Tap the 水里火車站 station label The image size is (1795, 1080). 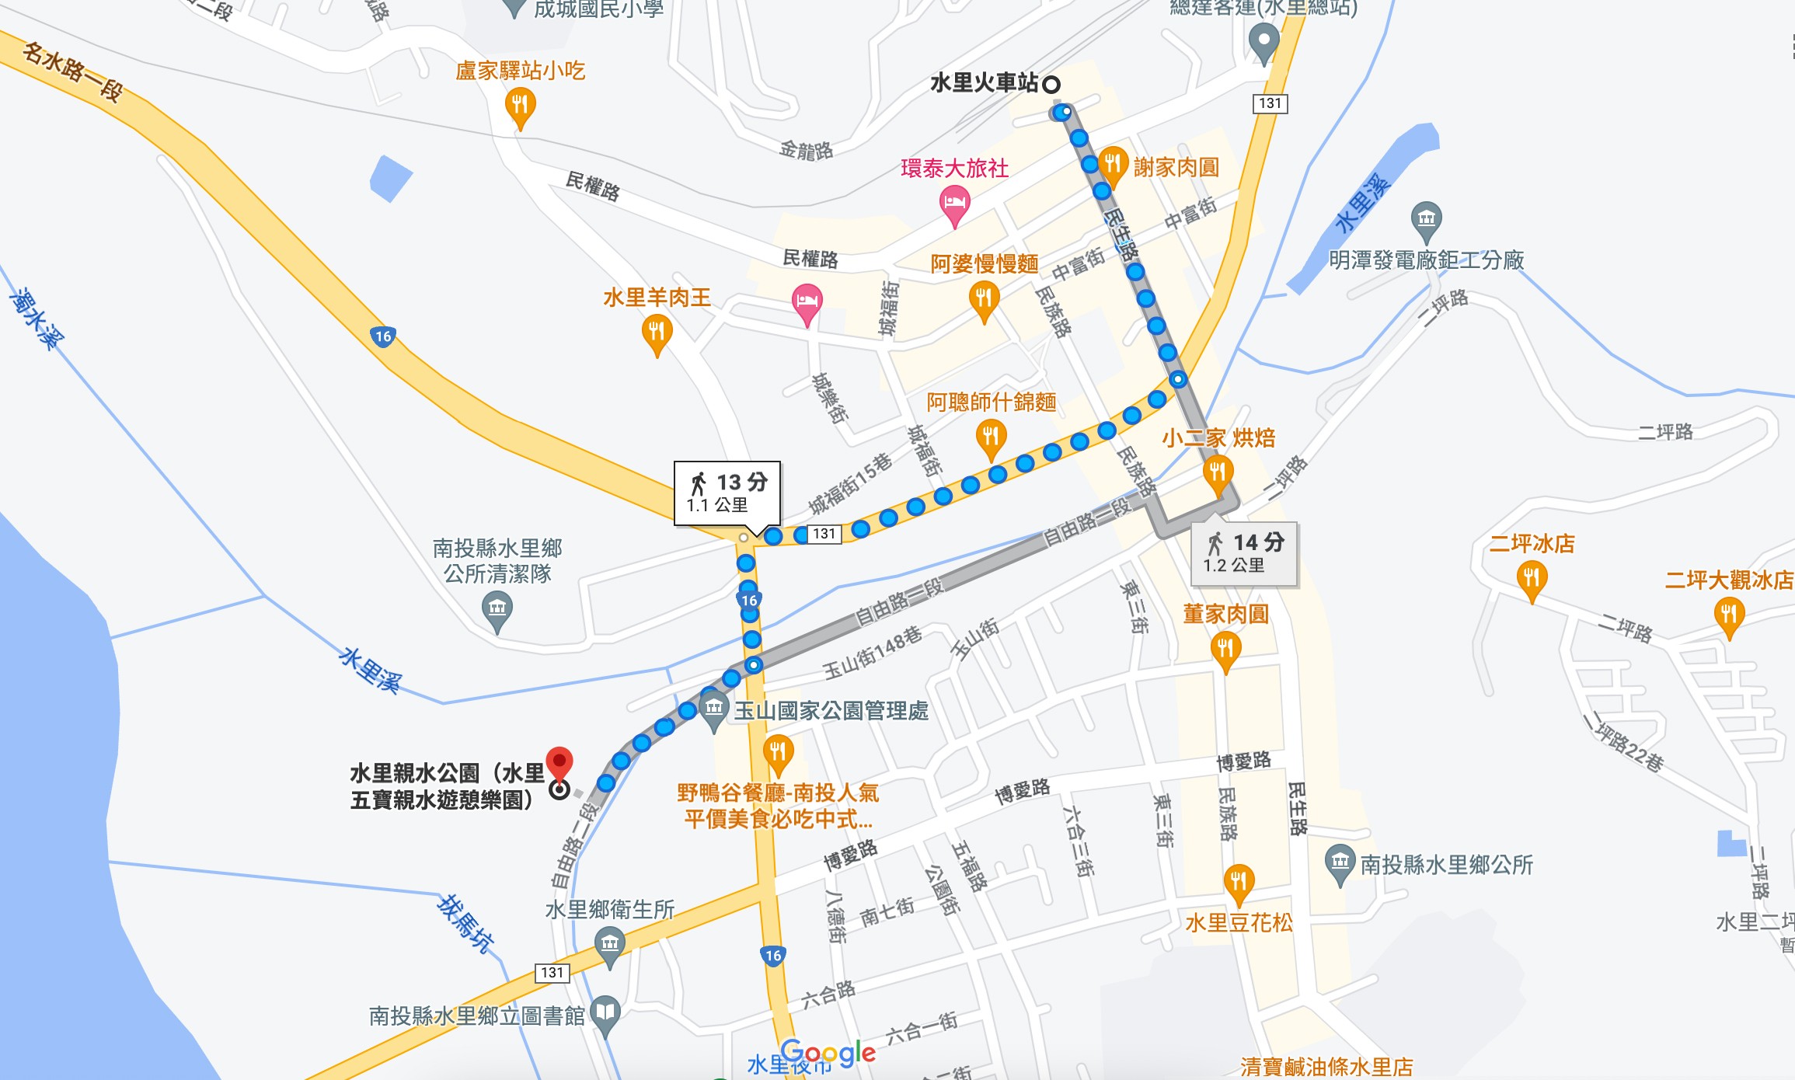click(985, 83)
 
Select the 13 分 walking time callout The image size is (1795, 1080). click(727, 493)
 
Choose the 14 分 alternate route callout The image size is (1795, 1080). click(1243, 552)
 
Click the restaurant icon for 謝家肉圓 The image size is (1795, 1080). click(1113, 164)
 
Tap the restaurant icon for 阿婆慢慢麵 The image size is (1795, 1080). click(984, 299)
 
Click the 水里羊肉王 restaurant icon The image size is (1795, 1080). click(657, 333)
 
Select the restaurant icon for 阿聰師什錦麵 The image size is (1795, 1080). click(991, 437)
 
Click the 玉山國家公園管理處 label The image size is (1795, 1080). click(831, 711)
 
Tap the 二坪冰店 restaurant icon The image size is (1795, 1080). click(1532, 579)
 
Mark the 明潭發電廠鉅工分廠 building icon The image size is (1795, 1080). click(1426, 219)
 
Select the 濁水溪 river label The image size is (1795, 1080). click(37, 318)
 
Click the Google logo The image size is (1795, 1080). click(828, 1054)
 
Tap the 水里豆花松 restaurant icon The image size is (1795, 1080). click(1239, 883)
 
